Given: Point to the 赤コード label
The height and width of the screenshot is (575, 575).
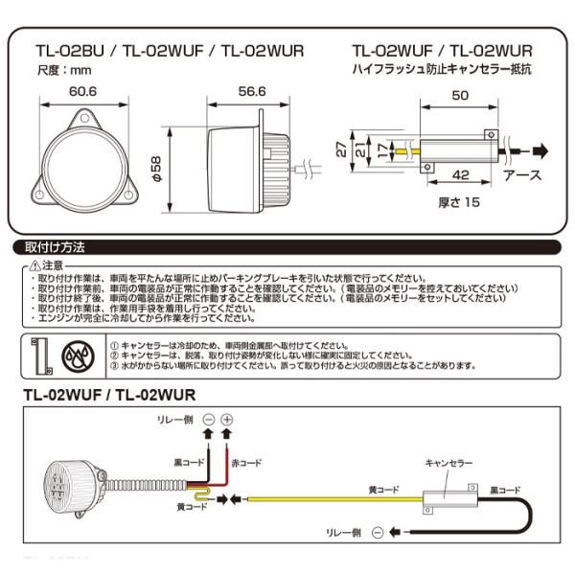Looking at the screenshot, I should coord(246,462).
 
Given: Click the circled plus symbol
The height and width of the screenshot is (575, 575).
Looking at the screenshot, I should coord(227,420).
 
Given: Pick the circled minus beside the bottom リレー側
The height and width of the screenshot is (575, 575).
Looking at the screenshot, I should coord(378,532).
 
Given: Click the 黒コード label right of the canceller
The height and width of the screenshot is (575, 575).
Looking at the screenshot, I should coord(508,487).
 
